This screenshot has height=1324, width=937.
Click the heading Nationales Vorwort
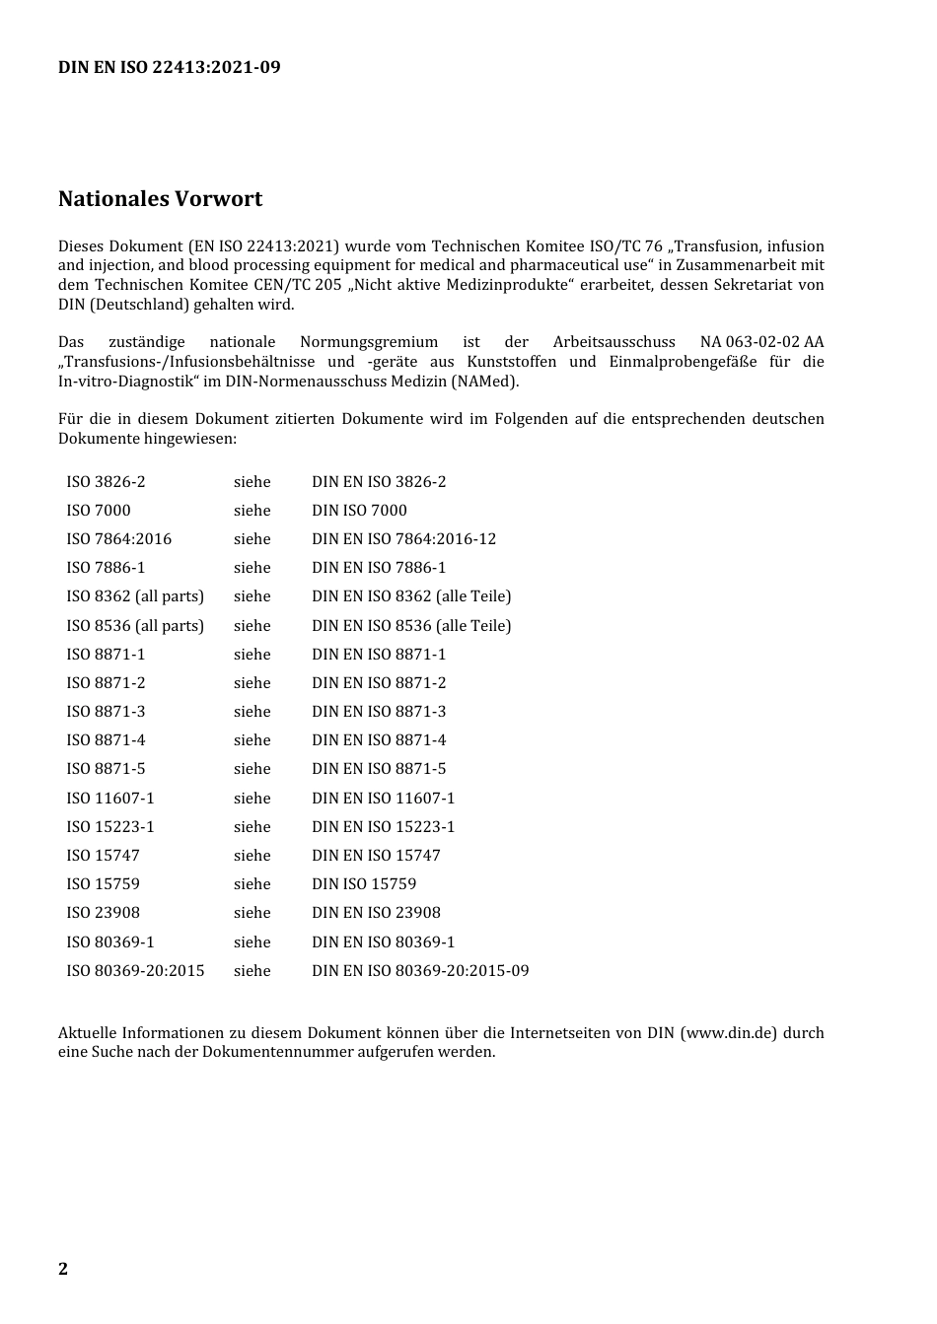[x=160, y=199]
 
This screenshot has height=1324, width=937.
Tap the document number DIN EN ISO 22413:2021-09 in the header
[x=169, y=67]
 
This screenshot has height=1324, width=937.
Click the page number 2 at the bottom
[x=63, y=1269]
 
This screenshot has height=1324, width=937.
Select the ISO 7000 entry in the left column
[x=99, y=511]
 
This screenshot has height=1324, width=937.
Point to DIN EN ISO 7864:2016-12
[x=403, y=539]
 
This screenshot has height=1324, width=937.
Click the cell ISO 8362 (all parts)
[x=135, y=596]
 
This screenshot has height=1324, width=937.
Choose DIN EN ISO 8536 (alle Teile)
[x=411, y=626]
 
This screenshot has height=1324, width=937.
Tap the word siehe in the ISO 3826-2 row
[x=252, y=482]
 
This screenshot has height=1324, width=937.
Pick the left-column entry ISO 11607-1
[x=110, y=799]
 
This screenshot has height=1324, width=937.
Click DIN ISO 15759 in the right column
[x=364, y=884]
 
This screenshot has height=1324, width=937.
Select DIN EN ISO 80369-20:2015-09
[x=420, y=971]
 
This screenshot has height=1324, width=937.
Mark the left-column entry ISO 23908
[x=104, y=913]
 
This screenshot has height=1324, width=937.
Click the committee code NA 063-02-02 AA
[x=761, y=342]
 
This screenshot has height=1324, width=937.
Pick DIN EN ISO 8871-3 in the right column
[x=379, y=712]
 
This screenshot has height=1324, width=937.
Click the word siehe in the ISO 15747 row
[x=252, y=856]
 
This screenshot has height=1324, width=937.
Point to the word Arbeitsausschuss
[x=613, y=342]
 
